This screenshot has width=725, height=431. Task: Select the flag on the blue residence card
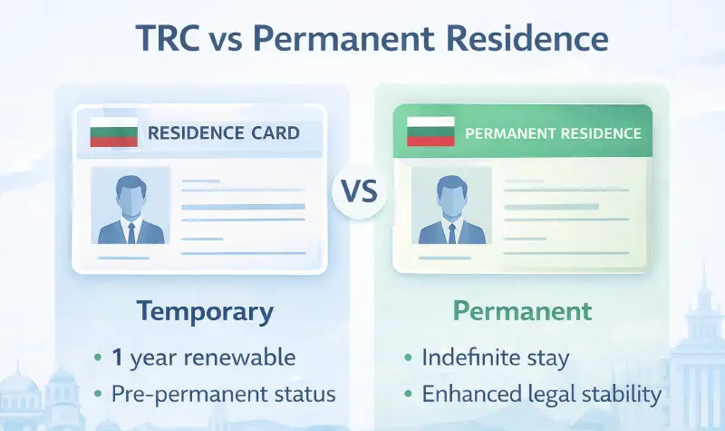coord(113,132)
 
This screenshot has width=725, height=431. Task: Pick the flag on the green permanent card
coord(430,132)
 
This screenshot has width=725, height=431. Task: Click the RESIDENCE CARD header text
coord(223,133)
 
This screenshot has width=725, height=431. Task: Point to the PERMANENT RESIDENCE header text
coord(553,133)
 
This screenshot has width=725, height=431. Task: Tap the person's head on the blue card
coord(130,192)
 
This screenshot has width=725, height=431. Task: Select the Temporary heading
coord(205,311)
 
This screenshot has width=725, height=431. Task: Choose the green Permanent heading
coord(523,311)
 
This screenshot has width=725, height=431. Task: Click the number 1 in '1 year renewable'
coord(118,358)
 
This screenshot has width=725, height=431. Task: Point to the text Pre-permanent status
coord(223,395)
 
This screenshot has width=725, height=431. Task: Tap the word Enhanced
coord(469,395)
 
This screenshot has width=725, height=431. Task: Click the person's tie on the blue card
coord(130,232)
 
